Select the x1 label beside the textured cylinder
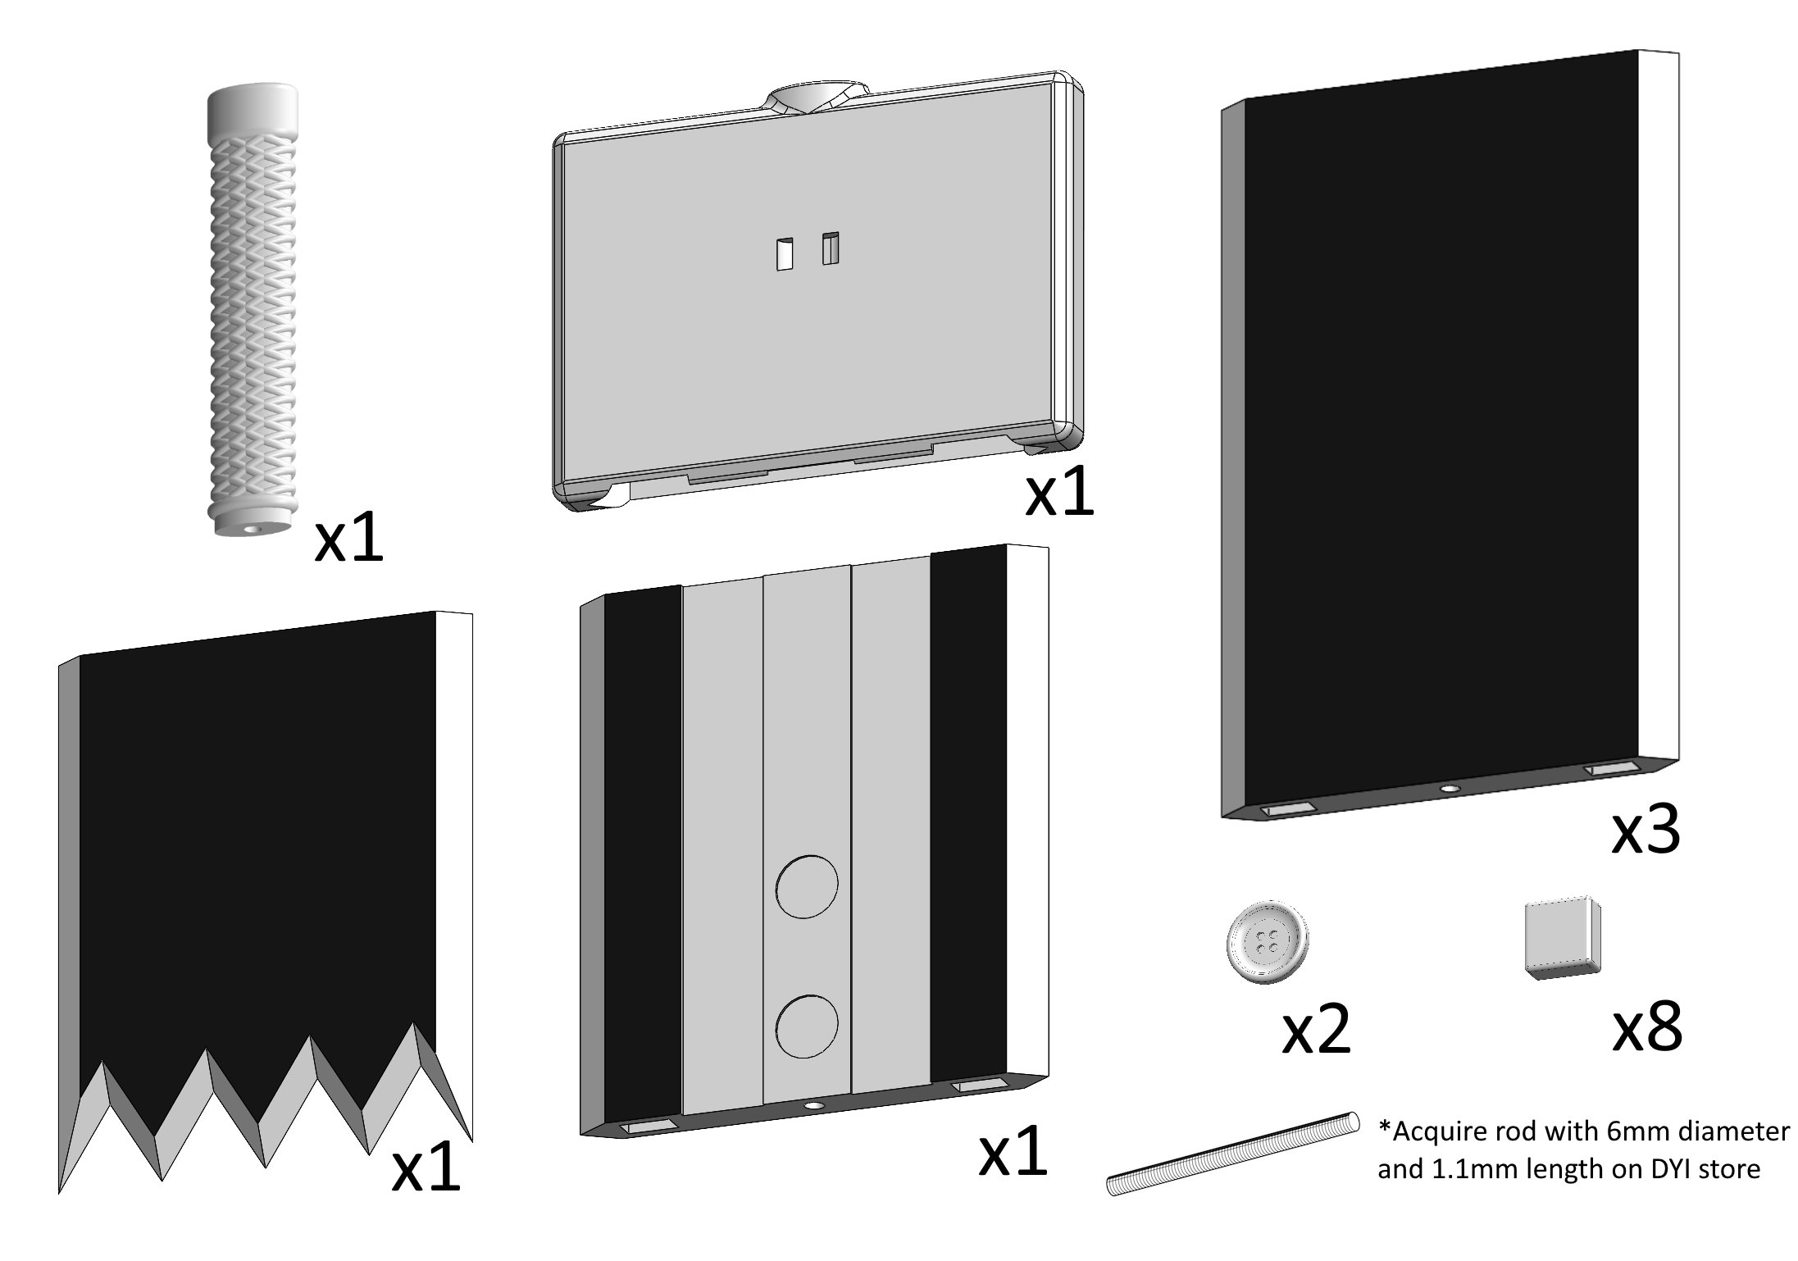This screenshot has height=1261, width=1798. [x=348, y=539]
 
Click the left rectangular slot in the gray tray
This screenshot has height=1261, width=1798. [x=785, y=254]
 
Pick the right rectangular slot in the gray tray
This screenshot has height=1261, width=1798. [x=831, y=248]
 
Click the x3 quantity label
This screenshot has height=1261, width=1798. [x=1646, y=831]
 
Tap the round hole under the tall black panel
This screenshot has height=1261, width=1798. [x=1450, y=788]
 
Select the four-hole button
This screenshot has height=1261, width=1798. [x=1268, y=942]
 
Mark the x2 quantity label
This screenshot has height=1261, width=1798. [x=1316, y=1031]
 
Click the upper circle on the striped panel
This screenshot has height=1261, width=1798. [x=807, y=885]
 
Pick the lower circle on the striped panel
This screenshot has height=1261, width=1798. [x=807, y=1025]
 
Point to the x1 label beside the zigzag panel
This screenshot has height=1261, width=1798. [x=426, y=1168]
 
